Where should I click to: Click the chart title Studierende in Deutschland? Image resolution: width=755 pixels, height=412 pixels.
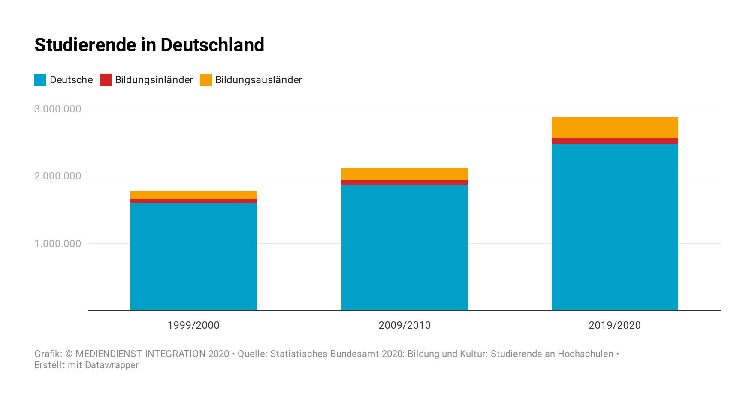click(149, 45)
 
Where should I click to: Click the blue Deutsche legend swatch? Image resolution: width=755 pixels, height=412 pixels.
click(40, 80)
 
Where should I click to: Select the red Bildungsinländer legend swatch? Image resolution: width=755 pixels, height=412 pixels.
click(106, 80)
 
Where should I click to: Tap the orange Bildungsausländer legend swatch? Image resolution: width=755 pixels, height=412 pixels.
click(206, 80)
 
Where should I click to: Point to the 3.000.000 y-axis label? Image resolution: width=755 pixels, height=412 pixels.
click(58, 109)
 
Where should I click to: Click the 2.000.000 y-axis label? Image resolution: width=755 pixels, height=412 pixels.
click(58, 176)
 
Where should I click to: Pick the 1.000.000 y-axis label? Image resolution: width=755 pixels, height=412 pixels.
click(58, 244)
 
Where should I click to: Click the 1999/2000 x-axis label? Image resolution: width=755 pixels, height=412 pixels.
click(193, 325)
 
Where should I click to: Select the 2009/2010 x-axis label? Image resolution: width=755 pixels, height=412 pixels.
click(405, 325)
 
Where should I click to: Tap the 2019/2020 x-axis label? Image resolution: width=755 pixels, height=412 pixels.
click(615, 325)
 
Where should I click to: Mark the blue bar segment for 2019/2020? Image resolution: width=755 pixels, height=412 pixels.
click(615, 227)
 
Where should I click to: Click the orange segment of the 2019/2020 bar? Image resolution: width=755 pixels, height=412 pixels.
click(615, 127)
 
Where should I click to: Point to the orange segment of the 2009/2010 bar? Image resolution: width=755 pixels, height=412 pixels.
click(405, 174)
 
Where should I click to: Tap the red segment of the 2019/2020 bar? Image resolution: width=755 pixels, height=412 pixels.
click(615, 141)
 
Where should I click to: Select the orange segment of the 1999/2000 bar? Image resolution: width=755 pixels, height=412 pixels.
click(193, 195)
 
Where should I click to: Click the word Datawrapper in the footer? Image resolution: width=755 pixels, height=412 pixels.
click(112, 365)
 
